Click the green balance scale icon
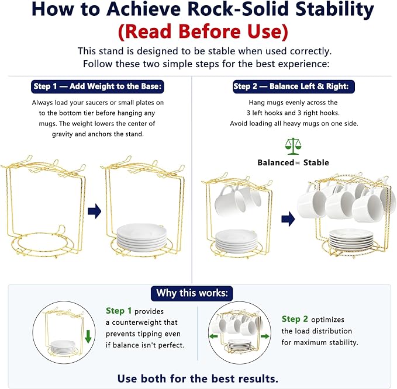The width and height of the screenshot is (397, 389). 293,146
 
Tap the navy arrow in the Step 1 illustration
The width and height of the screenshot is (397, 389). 95,211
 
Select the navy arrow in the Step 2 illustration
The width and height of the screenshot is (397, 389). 288,219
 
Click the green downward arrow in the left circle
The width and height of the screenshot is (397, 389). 88,336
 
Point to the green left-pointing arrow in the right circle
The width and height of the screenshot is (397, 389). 214,336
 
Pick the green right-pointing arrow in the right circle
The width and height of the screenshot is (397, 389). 265,336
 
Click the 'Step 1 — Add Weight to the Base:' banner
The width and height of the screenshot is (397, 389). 98,86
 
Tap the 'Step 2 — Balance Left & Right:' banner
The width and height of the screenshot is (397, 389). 294,86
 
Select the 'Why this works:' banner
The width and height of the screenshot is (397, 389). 192,293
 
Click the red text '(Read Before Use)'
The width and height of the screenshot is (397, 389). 203,32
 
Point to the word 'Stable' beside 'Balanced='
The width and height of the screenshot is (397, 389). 316,162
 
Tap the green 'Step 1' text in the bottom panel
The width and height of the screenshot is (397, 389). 119,311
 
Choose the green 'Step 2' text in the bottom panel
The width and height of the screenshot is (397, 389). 295,319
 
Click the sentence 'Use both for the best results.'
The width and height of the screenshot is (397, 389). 198,378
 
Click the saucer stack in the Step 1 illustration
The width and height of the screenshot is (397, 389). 141,237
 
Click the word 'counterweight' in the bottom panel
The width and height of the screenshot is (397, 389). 145,322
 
